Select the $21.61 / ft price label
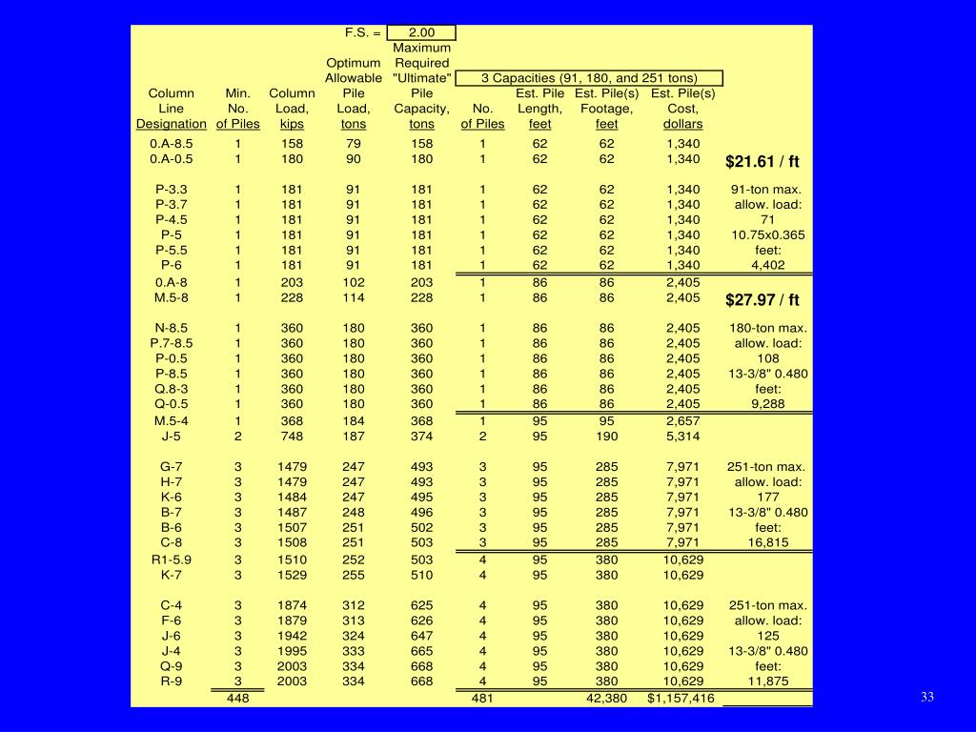[x=762, y=161]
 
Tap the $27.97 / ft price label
[x=762, y=300]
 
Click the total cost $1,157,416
[x=681, y=699]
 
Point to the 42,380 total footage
[x=606, y=699]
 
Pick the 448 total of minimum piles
[x=238, y=699]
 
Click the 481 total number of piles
[x=483, y=699]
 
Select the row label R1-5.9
[x=172, y=559]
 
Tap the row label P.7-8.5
[x=172, y=343]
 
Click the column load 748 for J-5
[x=292, y=436]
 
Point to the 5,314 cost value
[x=682, y=436]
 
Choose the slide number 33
[x=927, y=698]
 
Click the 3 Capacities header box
[x=589, y=78]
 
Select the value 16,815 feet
[x=767, y=543]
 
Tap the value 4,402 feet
[x=767, y=265]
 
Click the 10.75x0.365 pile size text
[x=767, y=234]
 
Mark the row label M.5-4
[x=172, y=420]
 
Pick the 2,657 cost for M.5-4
[x=682, y=420]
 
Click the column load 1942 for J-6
[x=292, y=636]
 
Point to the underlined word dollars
[x=682, y=124]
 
